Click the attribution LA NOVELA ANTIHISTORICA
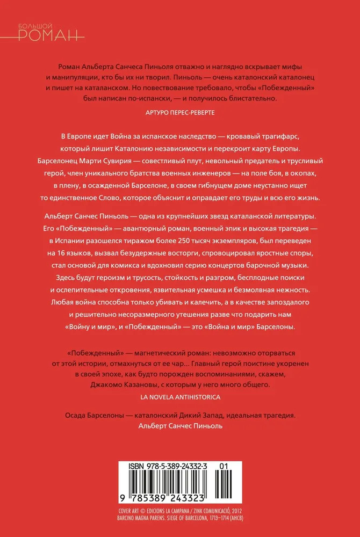[x=180, y=397]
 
